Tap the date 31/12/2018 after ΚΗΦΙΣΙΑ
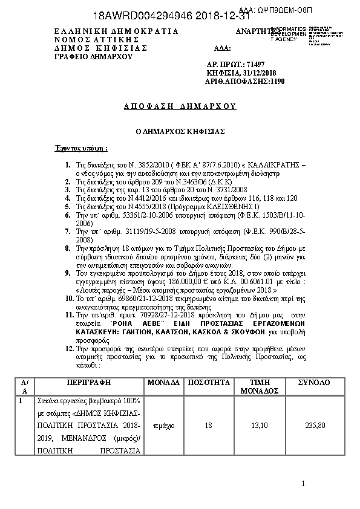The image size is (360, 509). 257,72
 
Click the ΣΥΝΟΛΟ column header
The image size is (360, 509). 314,383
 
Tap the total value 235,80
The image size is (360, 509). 315,426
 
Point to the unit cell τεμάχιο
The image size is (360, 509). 163,426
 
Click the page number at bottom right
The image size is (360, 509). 303,484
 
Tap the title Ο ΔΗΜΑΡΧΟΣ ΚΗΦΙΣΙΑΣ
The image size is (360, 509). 179,131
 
